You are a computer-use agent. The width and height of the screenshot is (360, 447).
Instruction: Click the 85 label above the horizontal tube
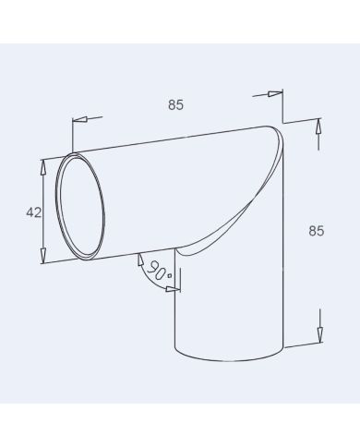click(175, 104)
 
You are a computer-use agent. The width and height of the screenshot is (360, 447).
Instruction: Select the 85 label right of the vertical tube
click(316, 231)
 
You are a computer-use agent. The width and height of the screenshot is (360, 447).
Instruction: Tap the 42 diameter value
click(33, 212)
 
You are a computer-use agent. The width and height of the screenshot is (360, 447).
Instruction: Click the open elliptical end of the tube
click(81, 207)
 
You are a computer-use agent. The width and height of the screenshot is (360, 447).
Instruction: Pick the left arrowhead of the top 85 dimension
click(76, 120)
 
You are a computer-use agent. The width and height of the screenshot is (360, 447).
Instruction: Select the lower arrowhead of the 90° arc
click(170, 288)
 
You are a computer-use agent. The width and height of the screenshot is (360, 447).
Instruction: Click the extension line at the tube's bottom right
click(305, 345)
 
